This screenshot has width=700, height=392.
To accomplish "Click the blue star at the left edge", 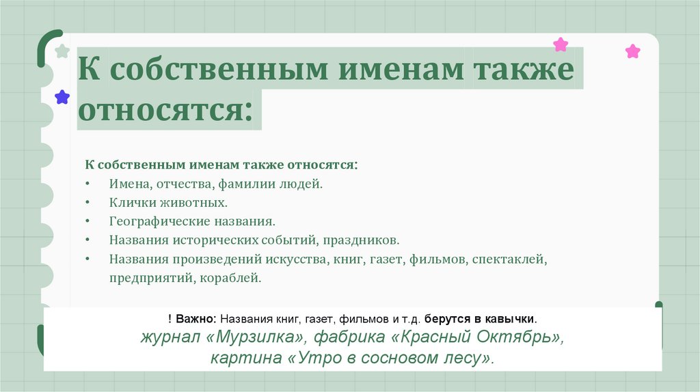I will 62,97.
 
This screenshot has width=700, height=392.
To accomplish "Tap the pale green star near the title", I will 62,51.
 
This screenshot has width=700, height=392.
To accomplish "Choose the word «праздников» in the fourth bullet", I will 364,240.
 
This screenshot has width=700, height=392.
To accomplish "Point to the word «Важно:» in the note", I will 196,319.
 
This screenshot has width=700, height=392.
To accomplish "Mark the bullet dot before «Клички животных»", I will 88,204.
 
